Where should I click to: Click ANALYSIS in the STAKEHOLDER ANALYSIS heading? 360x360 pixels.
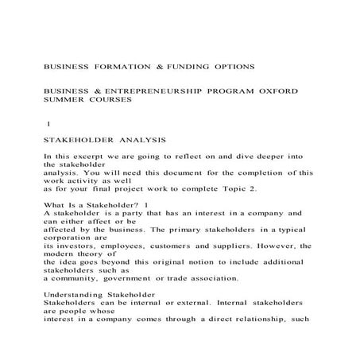pyautogui.click(x=139, y=137)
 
